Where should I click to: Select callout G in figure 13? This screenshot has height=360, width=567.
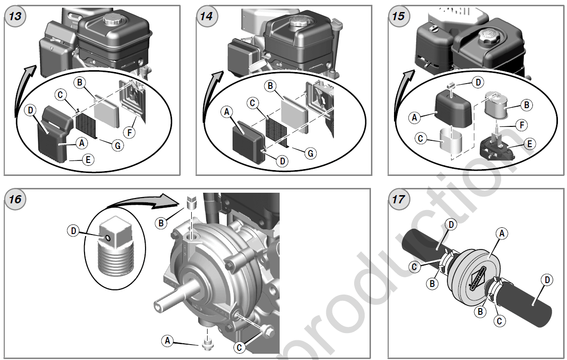coord(116,145)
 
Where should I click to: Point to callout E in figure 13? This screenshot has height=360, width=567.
coord(87,160)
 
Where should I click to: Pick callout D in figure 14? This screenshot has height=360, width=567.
coord(283,161)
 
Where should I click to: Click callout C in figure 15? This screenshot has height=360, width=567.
coord(420,139)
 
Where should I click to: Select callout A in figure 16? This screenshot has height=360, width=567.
coord(167,340)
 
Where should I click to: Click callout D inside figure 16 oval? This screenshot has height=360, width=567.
coord(74,231)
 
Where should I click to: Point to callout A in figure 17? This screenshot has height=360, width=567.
coord(502,233)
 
